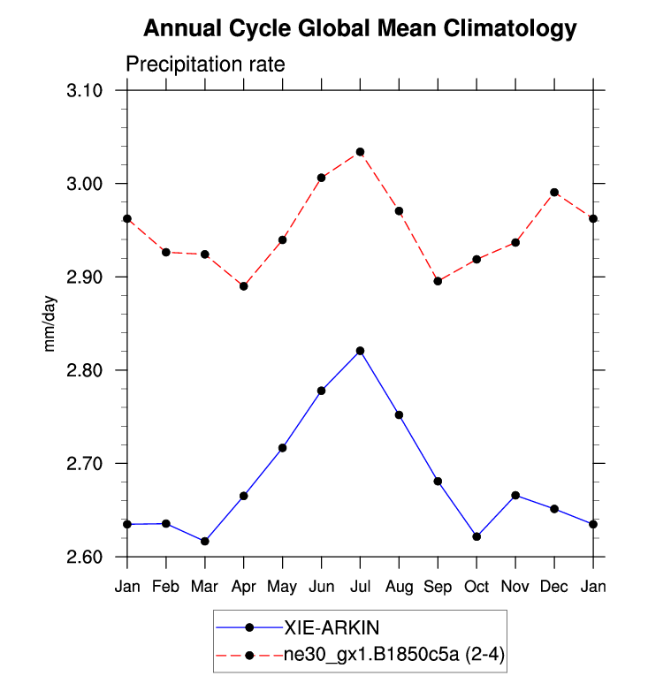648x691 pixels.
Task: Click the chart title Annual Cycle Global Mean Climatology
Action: [x=360, y=29]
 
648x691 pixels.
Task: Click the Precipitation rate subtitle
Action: [x=205, y=65]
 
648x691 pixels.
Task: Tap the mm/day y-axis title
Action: [x=51, y=323]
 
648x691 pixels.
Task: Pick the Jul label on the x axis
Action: [x=360, y=587]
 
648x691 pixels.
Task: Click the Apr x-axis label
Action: [x=243, y=587]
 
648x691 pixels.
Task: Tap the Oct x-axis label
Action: [x=476, y=587]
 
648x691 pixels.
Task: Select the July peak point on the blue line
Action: [x=360, y=351]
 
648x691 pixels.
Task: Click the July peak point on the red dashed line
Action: [x=360, y=152]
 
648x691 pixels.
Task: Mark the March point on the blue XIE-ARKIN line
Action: [x=205, y=541]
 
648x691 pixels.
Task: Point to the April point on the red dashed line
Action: [x=244, y=285]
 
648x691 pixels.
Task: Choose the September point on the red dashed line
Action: [x=438, y=281]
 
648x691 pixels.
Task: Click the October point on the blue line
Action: [x=476, y=536]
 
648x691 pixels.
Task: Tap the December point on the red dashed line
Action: [x=554, y=192]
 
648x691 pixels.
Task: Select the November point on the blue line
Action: [x=515, y=495]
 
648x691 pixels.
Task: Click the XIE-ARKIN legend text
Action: [x=332, y=628]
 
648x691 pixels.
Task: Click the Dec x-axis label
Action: [x=554, y=587]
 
